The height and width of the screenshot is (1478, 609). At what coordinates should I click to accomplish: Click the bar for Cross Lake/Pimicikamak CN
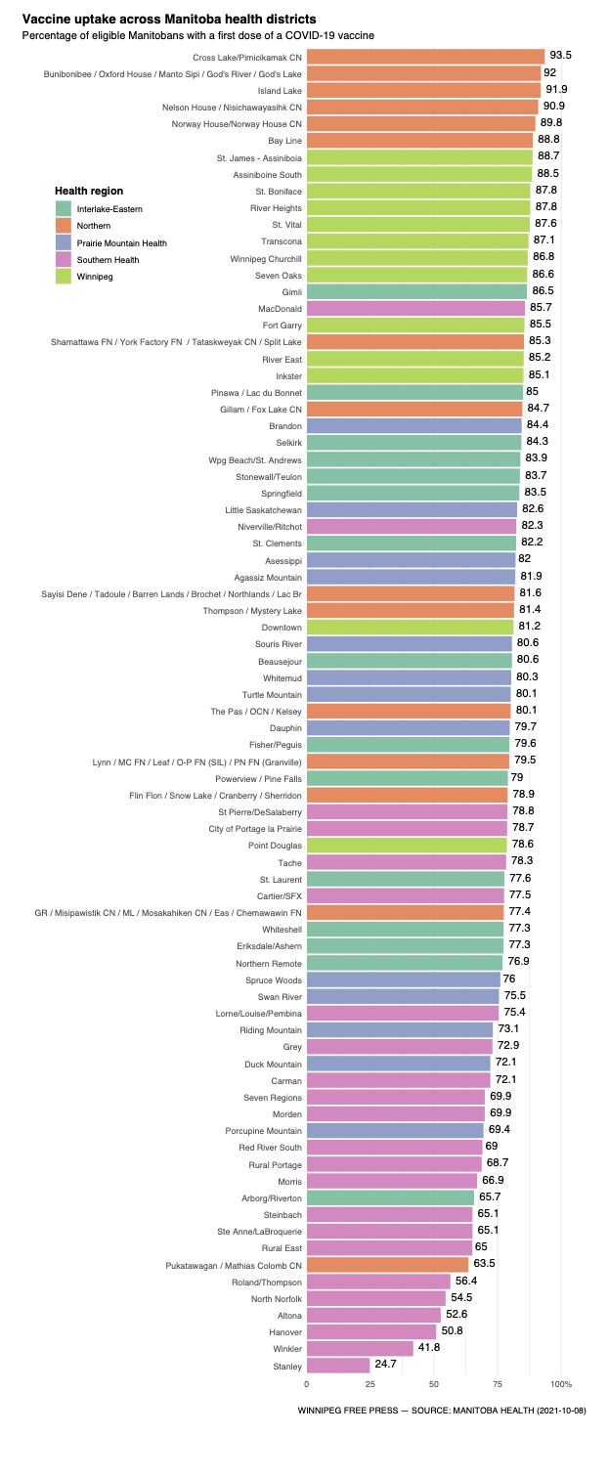coord(425,57)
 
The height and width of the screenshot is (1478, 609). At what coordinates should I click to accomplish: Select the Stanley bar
coord(338,1366)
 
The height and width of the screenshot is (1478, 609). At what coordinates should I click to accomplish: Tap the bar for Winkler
coord(360,1349)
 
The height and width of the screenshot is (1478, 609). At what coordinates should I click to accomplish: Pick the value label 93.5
coord(561,56)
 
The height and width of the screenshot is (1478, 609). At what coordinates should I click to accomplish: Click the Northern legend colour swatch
coord(64,226)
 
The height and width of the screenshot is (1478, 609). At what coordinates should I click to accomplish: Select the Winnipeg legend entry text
coord(95,277)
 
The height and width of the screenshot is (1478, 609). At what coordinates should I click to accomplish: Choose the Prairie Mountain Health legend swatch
coord(64,242)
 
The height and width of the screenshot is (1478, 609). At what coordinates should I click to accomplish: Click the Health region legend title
coord(89,191)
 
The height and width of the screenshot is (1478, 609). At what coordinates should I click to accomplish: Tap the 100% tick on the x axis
coord(561,1384)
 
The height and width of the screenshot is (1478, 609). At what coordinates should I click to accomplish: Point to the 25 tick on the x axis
coord(370,1384)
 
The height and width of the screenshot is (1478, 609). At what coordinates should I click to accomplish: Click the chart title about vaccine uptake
coord(169,19)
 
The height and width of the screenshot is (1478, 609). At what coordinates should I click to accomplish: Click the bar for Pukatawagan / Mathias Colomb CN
coord(387,1265)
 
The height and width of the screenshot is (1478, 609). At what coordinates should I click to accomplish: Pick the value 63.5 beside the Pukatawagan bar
coord(485,1264)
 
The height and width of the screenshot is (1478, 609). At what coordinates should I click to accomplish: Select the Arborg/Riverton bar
coord(390,1197)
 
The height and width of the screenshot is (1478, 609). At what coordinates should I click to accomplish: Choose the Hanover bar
coord(371,1332)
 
